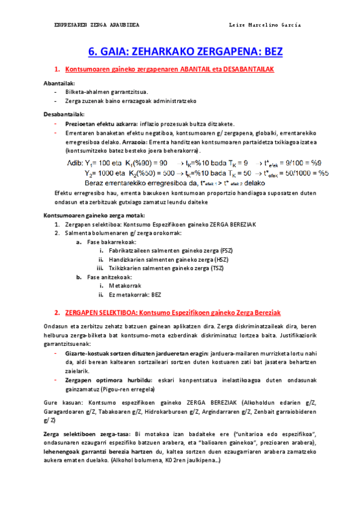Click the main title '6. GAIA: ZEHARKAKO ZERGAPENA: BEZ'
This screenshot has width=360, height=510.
185,52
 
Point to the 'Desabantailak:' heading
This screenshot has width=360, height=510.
64,114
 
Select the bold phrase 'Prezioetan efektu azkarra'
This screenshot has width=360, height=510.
98,124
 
